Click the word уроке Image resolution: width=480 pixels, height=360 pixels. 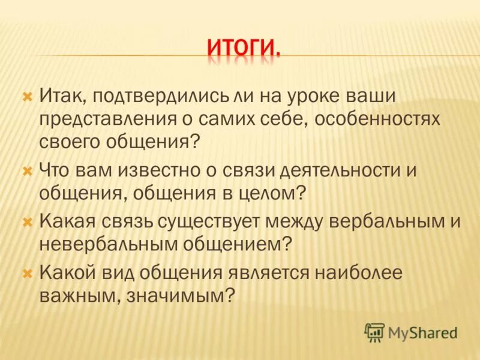coord(322,96)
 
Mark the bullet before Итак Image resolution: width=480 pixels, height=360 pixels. coord(26,96)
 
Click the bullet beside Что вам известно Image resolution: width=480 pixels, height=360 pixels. coord(26,170)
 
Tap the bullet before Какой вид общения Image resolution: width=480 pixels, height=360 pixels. coord(26,274)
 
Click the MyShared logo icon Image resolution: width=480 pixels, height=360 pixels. coord(374,332)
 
